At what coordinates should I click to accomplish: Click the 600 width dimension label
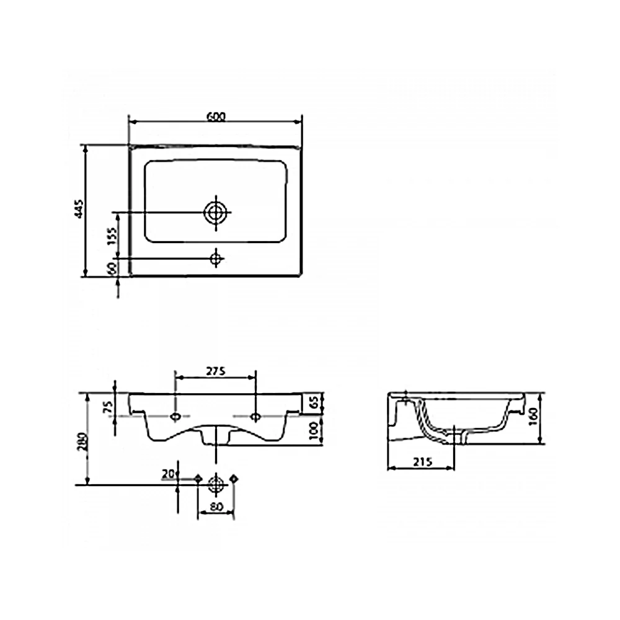click(216, 117)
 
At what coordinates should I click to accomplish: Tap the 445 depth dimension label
click(79, 209)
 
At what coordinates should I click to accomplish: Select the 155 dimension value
click(112, 236)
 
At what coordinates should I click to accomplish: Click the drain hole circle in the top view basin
click(216, 213)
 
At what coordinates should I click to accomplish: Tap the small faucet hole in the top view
click(216, 259)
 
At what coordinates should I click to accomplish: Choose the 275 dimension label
click(216, 371)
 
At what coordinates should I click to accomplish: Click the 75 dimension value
click(108, 406)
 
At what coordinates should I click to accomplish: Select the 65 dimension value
click(314, 403)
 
